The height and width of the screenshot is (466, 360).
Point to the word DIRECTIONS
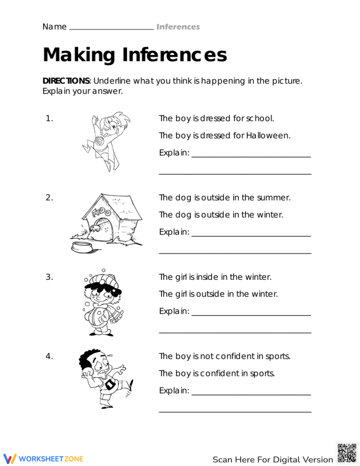pyautogui.click(x=66, y=81)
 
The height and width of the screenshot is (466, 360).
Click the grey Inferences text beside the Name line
pyautogui.click(x=178, y=27)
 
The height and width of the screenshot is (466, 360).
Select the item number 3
pyautogui.click(x=49, y=277)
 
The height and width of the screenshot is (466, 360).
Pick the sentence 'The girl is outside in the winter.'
pyautogui.click(x=218, y=294)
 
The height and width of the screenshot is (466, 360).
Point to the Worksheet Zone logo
pyautogui.click(x=43, y=458)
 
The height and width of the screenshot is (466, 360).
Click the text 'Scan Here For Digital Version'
pyautogui.click(x=273, y=459)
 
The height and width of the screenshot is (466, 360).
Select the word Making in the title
pyautogui.click(x=79, y=55)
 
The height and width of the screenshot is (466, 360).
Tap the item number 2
pyautogui.click(x=49, y=198)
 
